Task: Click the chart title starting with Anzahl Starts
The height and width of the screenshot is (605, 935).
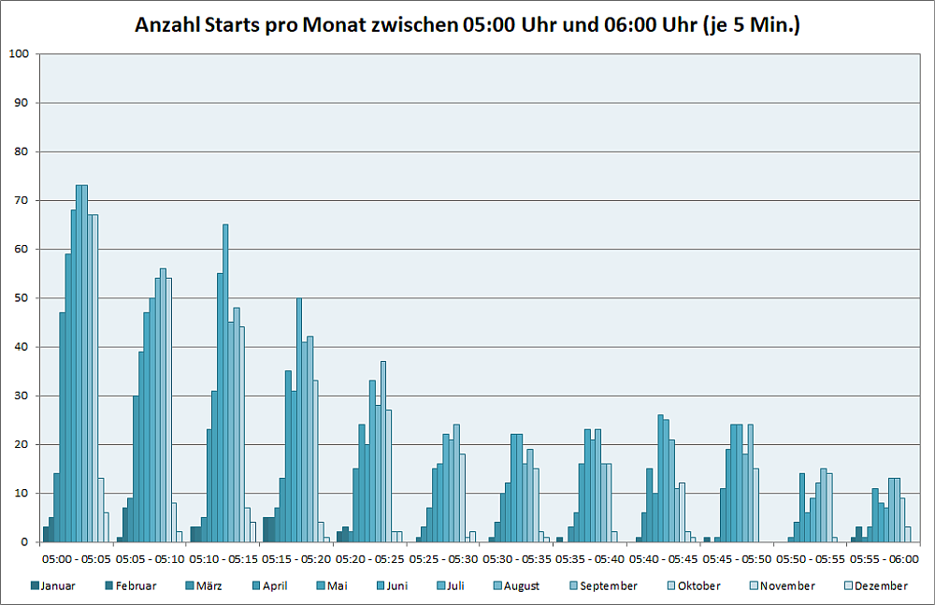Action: tap(467, 25)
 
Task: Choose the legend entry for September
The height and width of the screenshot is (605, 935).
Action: tap(602, 586)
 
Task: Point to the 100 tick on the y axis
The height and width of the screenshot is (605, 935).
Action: tap(18, 54)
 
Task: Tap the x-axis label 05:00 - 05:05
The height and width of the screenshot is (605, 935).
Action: tap(78, 559)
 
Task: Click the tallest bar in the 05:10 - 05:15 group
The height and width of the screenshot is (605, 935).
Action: tap(225, 383)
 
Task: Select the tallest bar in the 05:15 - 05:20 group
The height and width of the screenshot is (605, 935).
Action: tap(299, 420)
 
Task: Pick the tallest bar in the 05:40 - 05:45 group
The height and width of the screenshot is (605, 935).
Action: tap(660, 479)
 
